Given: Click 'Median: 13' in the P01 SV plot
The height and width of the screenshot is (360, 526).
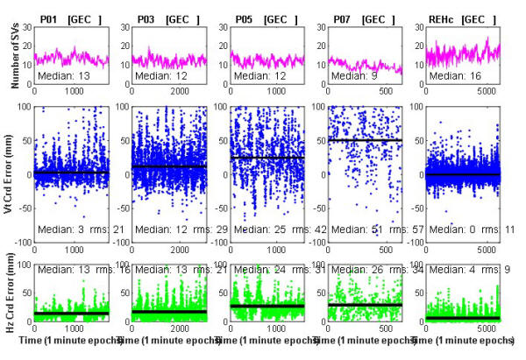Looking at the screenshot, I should [65, 75].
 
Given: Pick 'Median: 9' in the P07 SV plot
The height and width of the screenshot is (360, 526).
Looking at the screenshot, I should [359, 75].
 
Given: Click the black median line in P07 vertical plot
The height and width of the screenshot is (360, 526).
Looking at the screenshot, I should [364, 140].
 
